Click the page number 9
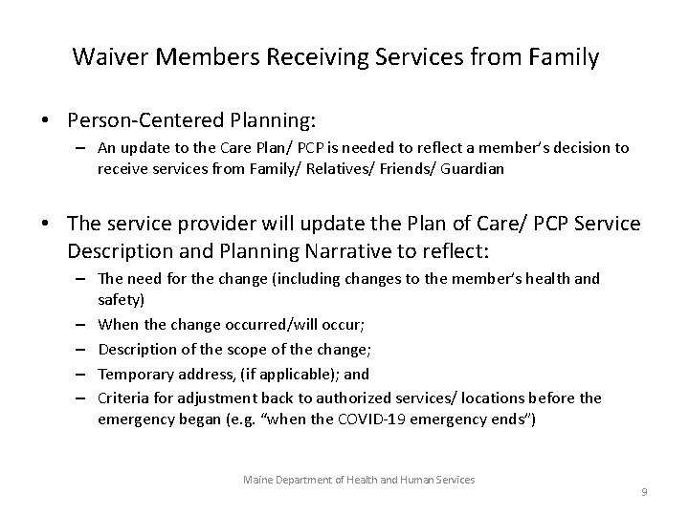coord(644,491)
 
